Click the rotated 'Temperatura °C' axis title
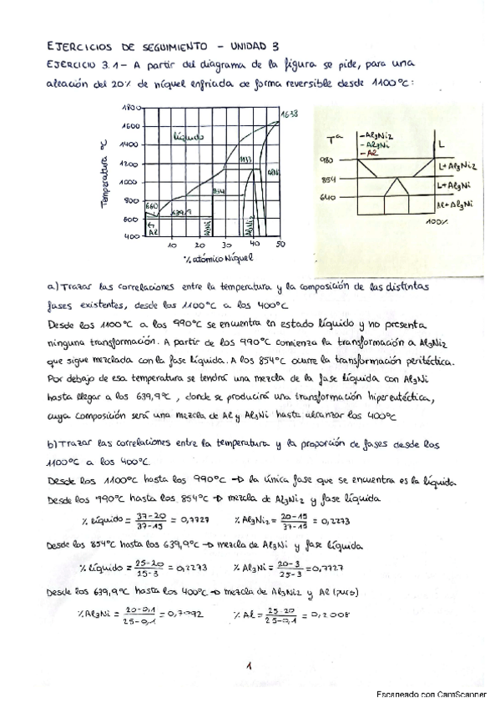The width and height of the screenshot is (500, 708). tap(106, 174)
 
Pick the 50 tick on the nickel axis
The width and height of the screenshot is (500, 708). tap(280, 245)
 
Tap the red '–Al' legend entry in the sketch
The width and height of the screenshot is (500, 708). tap(364, 153)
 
